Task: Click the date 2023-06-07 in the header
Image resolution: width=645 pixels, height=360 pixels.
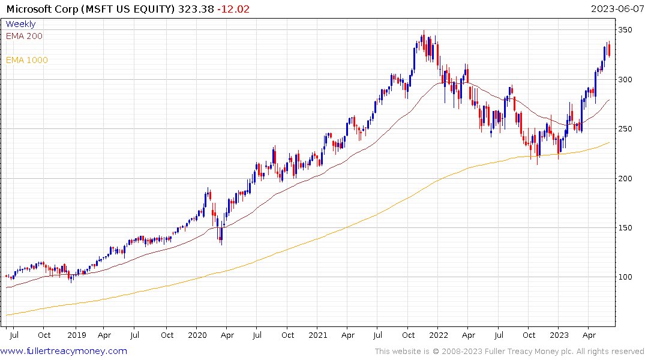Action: point(617,9)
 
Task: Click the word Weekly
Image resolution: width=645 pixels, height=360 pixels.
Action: point(20,24)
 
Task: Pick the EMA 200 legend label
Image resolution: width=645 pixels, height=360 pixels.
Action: point(24,36)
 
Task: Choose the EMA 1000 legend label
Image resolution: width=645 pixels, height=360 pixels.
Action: point(27,60)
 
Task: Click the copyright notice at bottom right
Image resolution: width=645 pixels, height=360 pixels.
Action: point(509,352)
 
